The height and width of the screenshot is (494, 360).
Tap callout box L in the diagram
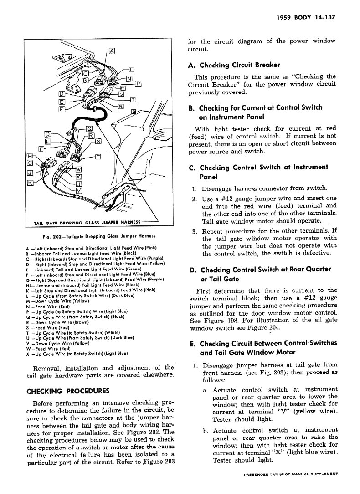point(132,70)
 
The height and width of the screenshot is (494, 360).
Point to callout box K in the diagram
point(31,183)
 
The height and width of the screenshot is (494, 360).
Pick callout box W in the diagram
point(78,170)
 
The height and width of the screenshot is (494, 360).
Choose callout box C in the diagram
point(85,74)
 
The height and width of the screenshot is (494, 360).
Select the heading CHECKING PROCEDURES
point(68,391)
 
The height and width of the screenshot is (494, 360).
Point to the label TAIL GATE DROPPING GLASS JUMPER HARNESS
point(87,223)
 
